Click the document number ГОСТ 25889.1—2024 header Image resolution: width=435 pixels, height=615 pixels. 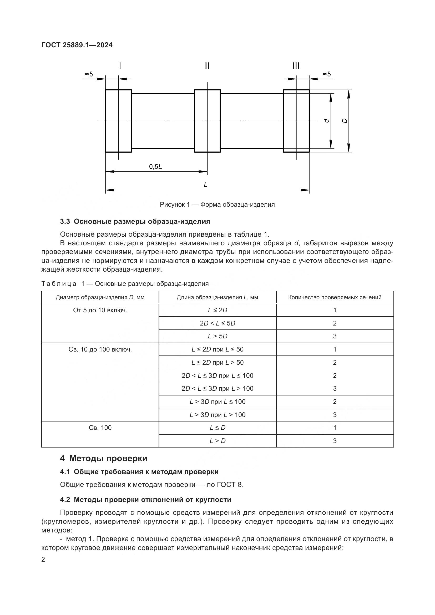coord(77,45)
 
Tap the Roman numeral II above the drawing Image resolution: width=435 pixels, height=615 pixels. coord(207,66)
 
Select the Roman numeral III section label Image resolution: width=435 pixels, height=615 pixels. coord(296,66)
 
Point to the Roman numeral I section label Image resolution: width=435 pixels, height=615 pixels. coord(120,66)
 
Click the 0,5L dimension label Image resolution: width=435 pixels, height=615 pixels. coord(155,167)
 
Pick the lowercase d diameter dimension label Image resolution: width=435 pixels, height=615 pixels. coord(327,121)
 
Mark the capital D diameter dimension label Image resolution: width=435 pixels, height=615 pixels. coord(345,121)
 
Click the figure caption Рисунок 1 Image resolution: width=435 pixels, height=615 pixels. coord(217,205)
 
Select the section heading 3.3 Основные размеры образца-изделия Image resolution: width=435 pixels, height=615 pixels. coord(135,221)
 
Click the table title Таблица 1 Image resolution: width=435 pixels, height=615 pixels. coord(125,284)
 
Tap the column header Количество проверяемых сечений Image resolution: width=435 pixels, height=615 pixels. coord(335,297)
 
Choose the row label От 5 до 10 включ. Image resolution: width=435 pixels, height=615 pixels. coord(100,310)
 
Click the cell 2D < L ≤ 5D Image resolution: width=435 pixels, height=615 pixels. coord(217,323)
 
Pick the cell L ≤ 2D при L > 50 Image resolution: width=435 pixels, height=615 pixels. coord(217,362)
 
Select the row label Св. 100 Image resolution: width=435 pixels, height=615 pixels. coord(100,428)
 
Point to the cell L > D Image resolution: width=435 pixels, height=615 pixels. coord(217,441)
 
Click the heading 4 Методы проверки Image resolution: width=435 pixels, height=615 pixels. coord(104,458)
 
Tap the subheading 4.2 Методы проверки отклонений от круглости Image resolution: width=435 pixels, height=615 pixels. coord(145,500)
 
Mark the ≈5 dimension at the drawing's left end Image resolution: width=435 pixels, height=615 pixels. coord(89,74)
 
